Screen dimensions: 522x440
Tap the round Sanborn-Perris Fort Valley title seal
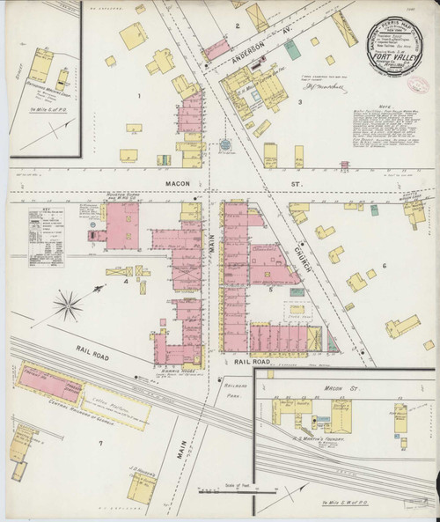pos(388,44)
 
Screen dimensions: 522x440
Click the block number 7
pos(102,441)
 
